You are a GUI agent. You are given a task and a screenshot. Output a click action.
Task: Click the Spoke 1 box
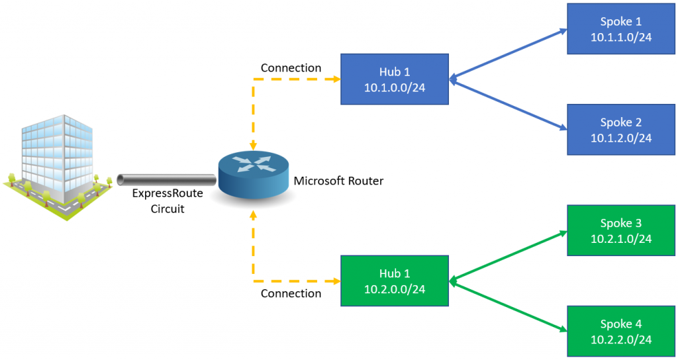tap(621, 29)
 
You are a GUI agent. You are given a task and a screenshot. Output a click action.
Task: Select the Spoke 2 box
tap(621, 130)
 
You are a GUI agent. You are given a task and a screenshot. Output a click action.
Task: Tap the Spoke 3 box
tap(621, 230)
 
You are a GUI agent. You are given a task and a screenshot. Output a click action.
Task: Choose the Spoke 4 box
tap(621, 331)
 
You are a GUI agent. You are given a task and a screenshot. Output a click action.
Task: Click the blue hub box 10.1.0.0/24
tap(394, 79)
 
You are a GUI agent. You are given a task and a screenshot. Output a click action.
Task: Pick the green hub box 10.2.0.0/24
tap(394, 281)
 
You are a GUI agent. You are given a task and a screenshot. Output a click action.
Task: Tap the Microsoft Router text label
tap(338, 181)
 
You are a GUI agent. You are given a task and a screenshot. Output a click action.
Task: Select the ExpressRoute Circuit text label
tap(167, 201)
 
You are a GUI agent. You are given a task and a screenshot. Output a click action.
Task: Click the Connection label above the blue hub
tap(291, 68)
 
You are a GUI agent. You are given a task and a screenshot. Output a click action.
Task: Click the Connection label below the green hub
tap(291, 293)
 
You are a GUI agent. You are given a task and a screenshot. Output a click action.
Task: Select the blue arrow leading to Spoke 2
tap(507, 104)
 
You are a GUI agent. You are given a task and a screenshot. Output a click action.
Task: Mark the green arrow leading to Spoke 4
tap(507, 305)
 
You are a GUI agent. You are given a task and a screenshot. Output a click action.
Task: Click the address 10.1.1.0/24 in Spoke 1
tap(621, 37)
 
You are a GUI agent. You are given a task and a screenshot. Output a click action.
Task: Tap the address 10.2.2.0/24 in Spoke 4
tap(621, 339)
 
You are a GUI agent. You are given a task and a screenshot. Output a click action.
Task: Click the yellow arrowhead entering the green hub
tap(336, 281)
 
